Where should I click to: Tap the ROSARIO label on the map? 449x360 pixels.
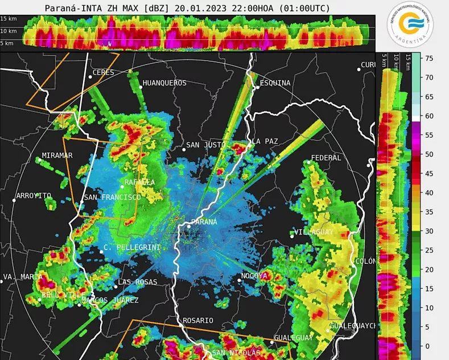coord(197,321)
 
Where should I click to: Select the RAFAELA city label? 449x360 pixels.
coord(139,182)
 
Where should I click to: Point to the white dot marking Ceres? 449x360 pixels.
coord(90,76)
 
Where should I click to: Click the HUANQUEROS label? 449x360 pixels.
coord(164,83)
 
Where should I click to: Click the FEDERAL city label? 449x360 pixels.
coord(326,158)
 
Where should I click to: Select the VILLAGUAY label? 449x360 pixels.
coord(314,232)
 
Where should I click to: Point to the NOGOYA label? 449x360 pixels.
coord(254,276)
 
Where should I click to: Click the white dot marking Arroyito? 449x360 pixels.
coord(14,200)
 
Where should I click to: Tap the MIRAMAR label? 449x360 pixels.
coord(57,156)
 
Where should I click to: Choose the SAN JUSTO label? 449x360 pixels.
coord(206,145)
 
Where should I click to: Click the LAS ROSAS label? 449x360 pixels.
coord(137,283)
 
